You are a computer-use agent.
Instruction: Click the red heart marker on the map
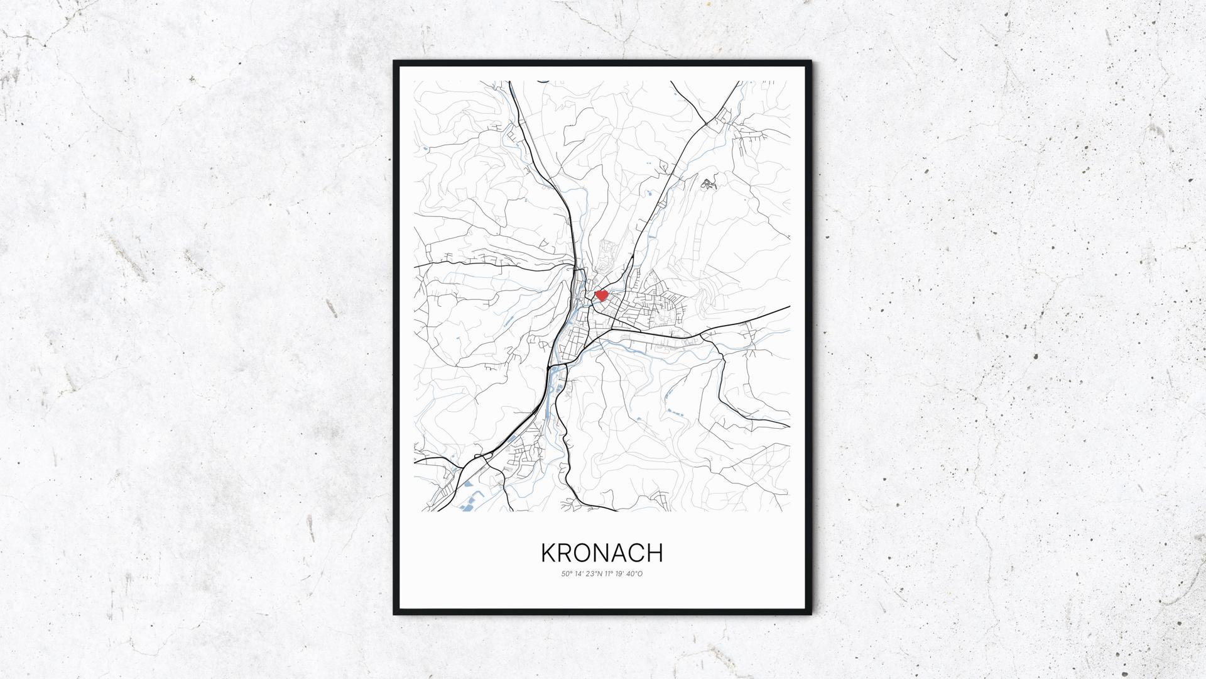click(601, 294)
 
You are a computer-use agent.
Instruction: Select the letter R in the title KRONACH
click(565, 553)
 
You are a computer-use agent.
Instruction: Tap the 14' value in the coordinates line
click(578, 574)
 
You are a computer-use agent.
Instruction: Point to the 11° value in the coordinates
click(607, 574)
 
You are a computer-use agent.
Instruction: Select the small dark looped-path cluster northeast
click(708, 184)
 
